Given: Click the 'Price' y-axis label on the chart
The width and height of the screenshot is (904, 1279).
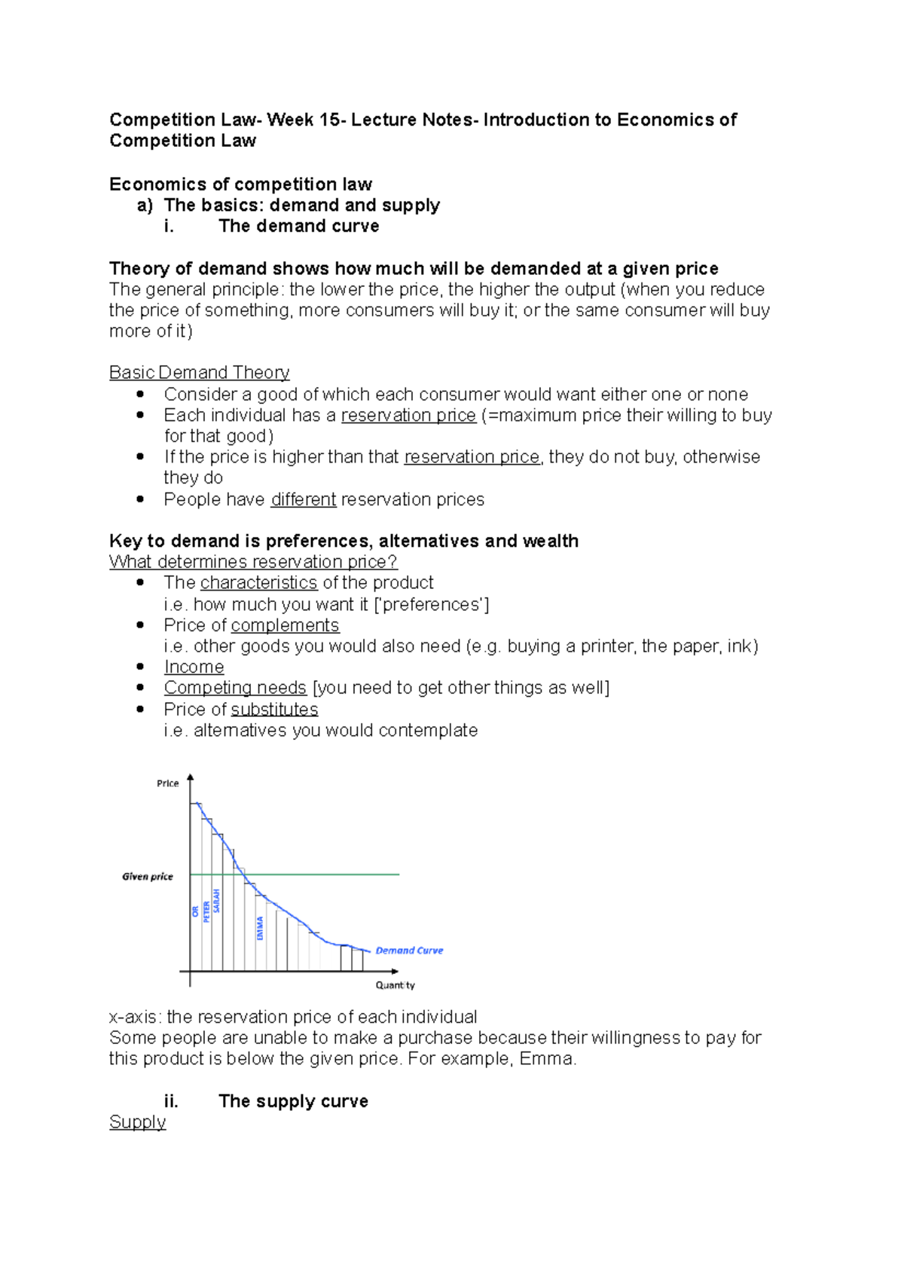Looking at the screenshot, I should coord(167,783).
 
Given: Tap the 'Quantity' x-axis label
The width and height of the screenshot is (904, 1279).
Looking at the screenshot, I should coord(395,985).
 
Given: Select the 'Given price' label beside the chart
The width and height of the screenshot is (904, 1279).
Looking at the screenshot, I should coord(148,877).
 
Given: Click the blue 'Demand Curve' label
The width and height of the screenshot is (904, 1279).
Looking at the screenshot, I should coord(409,951).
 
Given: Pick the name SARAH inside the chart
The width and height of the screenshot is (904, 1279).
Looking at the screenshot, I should coord(217,901).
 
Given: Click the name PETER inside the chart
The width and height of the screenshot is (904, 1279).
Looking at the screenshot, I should coord(206,911).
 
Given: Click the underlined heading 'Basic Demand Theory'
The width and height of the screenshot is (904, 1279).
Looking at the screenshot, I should coord(199,373).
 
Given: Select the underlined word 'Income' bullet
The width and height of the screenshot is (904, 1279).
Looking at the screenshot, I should coord(194,667).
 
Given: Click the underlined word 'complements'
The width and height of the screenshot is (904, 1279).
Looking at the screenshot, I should coord(285,625).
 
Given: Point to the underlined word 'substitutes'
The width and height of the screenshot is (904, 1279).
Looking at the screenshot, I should coord(274,710).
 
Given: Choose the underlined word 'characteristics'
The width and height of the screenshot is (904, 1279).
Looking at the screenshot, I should coord(258,583).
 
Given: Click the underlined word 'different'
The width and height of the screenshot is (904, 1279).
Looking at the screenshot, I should coord(303,499).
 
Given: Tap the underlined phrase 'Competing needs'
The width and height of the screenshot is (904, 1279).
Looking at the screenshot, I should coord(235,688).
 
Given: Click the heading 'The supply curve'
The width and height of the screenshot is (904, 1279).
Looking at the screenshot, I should coord(293,1101).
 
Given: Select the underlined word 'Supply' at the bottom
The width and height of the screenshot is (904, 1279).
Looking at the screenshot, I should coord(137,1122).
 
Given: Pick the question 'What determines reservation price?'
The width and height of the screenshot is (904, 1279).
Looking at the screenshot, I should coord(253,562).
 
